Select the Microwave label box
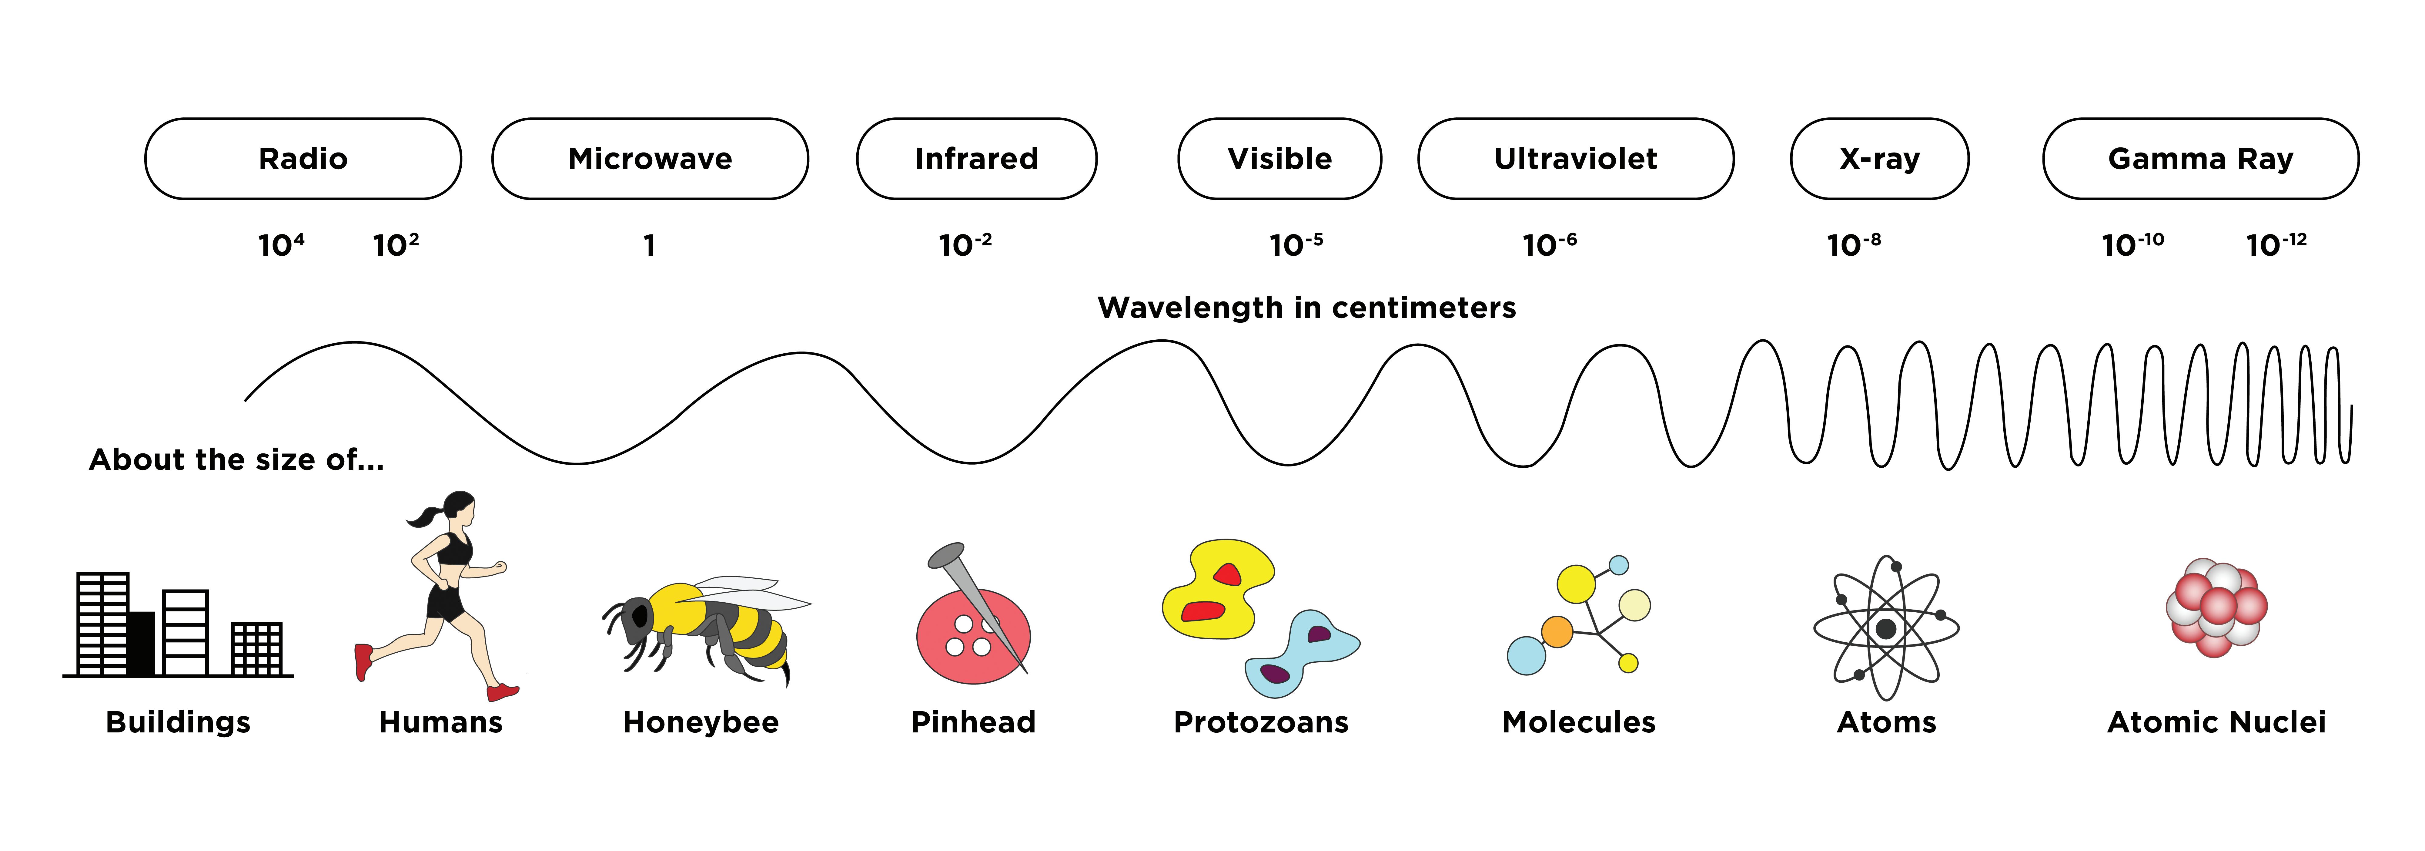650,158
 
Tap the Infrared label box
976,158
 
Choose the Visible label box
1279,158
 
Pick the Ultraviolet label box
1575,158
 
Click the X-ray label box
1879,158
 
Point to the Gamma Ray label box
2200,158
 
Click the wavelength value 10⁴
280,245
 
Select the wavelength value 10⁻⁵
1295,245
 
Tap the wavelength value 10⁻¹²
2275,245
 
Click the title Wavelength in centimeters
1307,308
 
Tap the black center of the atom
1885,629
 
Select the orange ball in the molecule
1557,632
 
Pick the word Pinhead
973,722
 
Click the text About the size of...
236,459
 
